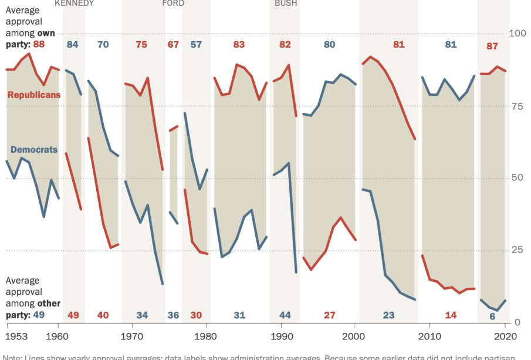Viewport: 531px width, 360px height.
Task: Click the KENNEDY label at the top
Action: coord(74,4)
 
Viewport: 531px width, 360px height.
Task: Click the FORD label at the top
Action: coord(173,4)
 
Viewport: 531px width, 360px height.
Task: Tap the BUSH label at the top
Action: coord(286,4)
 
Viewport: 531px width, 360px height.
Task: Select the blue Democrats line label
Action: coord(34,150)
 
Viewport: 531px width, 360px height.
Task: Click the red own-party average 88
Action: coord(39,45)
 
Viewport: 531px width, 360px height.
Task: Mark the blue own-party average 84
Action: coord(73,45)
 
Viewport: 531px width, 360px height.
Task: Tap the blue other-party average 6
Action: coord(492,316)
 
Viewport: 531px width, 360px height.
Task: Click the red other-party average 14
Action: coord(451,315)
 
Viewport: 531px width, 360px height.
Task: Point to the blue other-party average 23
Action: coord(388,315)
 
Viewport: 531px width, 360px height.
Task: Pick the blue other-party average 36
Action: coord(173,315)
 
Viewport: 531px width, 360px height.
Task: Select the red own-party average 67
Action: coord(173,45)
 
